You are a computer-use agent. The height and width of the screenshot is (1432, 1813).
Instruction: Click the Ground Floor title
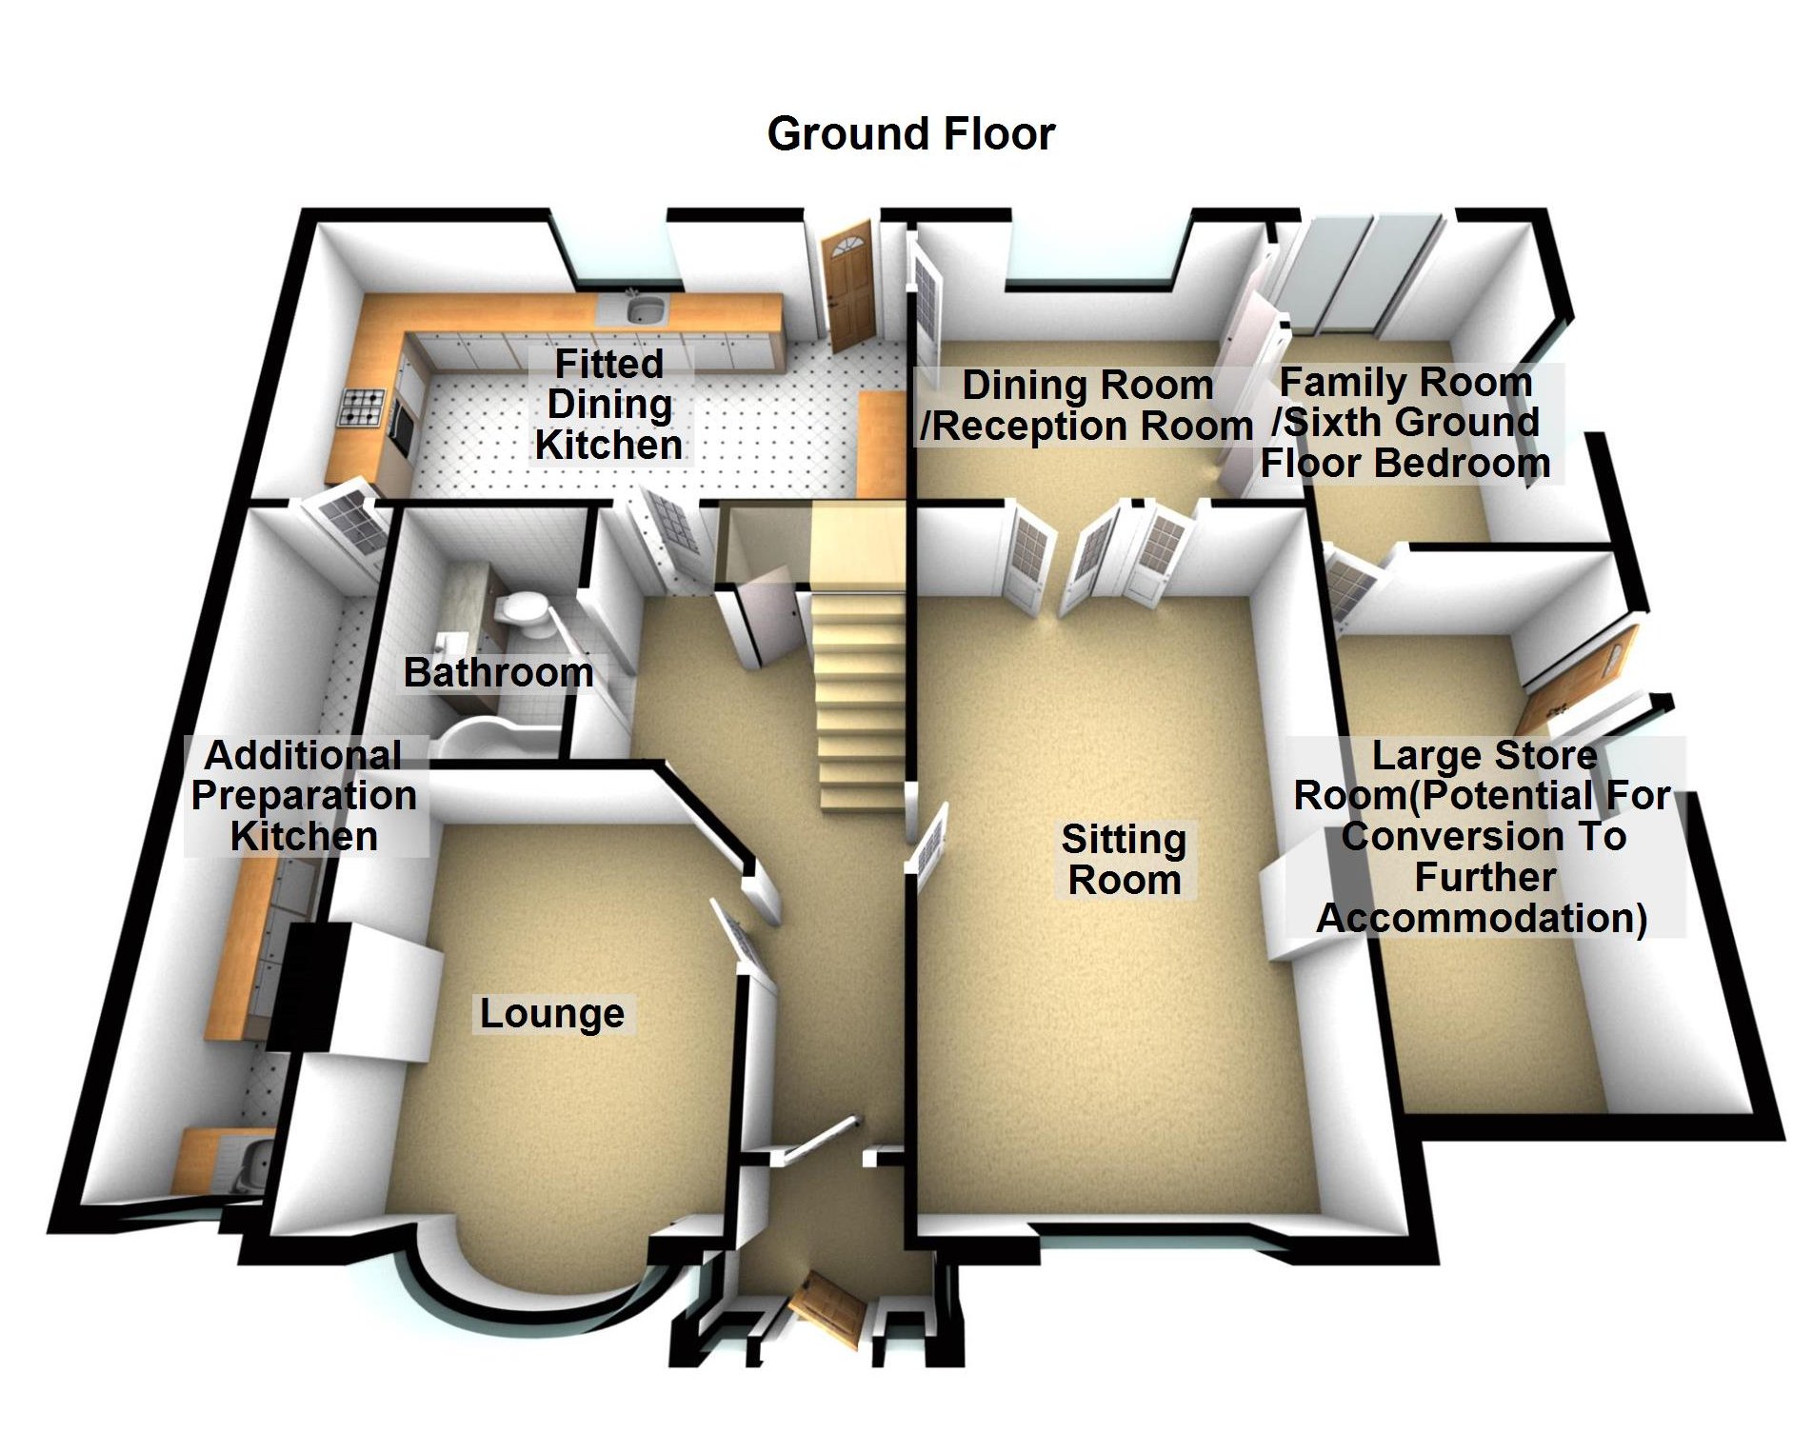coord(910,134)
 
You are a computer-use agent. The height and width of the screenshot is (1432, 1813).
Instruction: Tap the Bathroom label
coord(498,672)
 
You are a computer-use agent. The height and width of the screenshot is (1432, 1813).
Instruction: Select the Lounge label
coord(552,1014)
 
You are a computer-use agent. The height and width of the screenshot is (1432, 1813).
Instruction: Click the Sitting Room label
coord(1125,860)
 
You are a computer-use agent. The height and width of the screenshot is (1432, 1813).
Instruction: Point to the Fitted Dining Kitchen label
coord(608,405)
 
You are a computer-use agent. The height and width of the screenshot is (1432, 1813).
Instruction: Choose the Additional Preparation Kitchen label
coord(304,796)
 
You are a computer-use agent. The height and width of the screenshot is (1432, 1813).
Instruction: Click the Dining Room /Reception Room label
coord(1086,406)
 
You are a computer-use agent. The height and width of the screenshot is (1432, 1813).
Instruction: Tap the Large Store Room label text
coord(1483,837)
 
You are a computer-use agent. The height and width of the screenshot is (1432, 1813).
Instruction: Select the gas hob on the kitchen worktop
coord(364,408)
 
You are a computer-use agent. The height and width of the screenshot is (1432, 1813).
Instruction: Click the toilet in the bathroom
coord(523,615)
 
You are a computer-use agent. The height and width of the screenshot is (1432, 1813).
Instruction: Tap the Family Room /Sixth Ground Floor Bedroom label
coord(1406,423)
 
